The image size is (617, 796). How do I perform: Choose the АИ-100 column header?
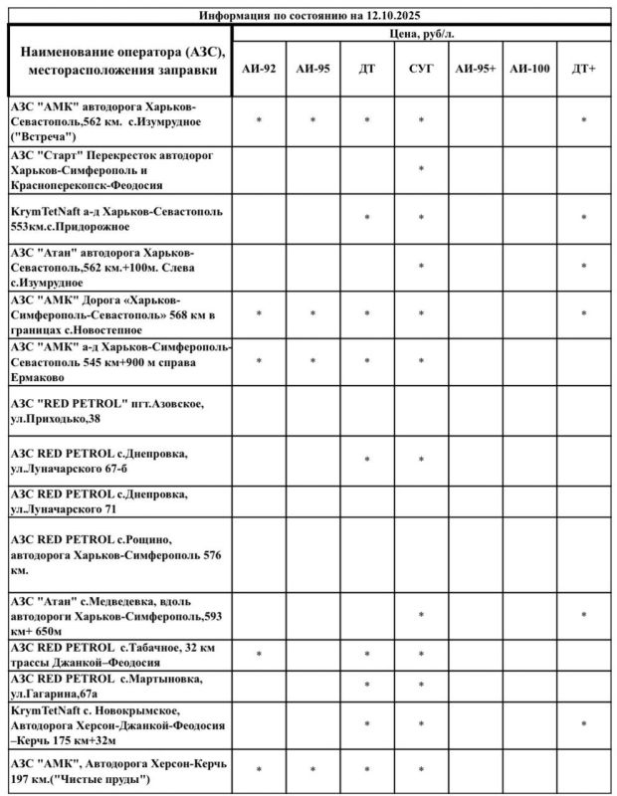[528, 70]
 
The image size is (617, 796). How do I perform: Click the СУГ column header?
[421, 70]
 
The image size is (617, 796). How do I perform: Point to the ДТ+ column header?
[584, 70]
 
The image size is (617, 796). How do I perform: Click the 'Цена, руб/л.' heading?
[421, 34]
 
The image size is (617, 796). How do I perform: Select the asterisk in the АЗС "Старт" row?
[421, 169]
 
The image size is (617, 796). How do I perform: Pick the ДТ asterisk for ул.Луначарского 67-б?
[367, 461]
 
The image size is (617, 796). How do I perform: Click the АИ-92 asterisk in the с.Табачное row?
[259, 654]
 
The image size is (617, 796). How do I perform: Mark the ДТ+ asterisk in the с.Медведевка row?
[584, 616]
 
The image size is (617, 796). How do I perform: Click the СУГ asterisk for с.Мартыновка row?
[421, 686]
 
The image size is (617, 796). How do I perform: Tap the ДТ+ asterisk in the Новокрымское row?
[584, 725]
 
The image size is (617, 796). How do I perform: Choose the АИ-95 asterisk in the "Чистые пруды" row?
[312, 770]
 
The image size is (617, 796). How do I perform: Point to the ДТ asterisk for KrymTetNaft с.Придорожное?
[367, 218]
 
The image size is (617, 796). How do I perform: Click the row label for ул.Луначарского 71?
[99, 501]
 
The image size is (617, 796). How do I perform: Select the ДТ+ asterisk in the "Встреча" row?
[584, 120]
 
